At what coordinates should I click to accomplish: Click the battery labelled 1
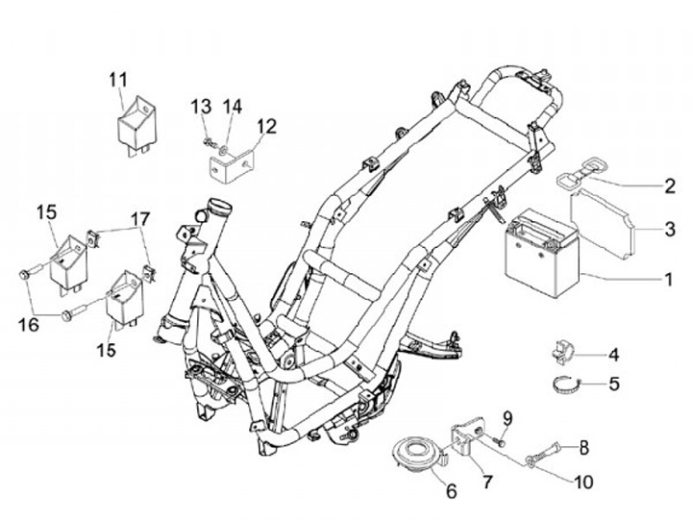pyautogui.click(x=542, y=254)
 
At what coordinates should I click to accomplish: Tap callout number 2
pyautogui.click(x=670, y=186)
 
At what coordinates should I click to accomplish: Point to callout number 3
pyautogui.click(x=670, y=229)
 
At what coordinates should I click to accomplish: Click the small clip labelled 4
pyautogui.click(x=563, y=353)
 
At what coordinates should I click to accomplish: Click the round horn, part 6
pyautogui.click(x=416, y=454)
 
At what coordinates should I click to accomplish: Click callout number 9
pyautogui.click(x=507, y=417)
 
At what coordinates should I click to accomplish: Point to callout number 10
pyautogui.click(x=584, y=483)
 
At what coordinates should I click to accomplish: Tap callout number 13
pyautogui.click(x=201, y=108)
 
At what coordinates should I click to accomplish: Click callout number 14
pyautogui.click(x=233, y=108)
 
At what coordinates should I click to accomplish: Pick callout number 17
pyautogui.click(x=140, y=219)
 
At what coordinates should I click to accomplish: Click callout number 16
pyautogui.click(x=28, y=325)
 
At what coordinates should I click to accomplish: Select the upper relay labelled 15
pyautogui.click(x=68, y=262)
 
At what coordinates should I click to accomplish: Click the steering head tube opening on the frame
pyautogui.click(x=220, y=206)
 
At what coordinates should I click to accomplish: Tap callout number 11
pyautogui.click(x=118, y=80)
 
